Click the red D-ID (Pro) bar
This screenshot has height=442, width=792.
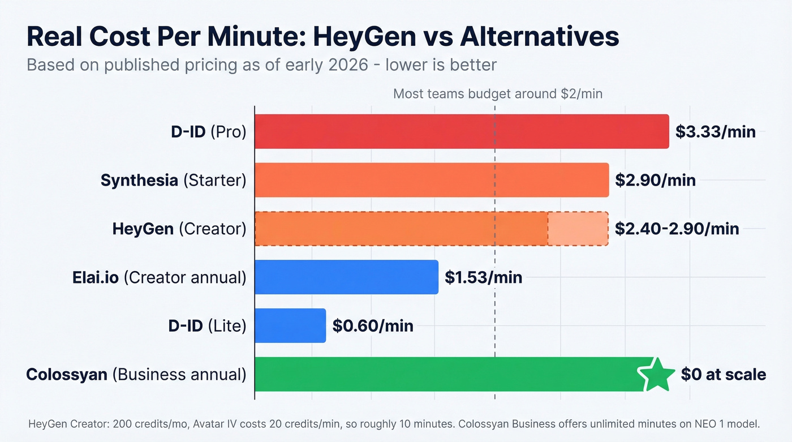pyautogui.click(x=461, y=131)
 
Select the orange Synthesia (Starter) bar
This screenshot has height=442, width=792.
pyautogui.click(x=431, y=180)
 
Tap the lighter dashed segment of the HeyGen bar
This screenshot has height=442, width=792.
pyautogui.click(x=578, y=229)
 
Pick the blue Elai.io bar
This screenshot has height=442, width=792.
pyautogui.click(x=346, y=277)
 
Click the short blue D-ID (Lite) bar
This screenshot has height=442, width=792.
pyautogui.click(x=290, y=325)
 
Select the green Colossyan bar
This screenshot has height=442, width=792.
pyautogui.click(x=447, y=374)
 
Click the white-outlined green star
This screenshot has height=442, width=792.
pyautogui.click(x=656, y=374)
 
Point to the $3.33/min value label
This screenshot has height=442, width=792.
pyautogui.click(x=716, y=132)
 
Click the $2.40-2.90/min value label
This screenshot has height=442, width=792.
pyautogui.click(x=677, y=229)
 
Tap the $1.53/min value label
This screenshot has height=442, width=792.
pyautogui.click(x=483, y=277)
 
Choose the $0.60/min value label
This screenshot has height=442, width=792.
pyautogui.click(x=373, y=326)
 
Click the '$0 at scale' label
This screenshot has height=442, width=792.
pyautogui.click(x=723, y=375)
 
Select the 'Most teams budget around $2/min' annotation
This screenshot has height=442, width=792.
pyautogui.click(x=497, y=94)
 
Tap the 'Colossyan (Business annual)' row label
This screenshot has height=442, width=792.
pyautogui.click(x=136, y=375)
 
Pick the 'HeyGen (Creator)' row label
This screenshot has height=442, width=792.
pyautogui.click(x=179, y=229)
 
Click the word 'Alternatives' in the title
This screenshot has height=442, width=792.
pyautogui.click(x=540, y=37)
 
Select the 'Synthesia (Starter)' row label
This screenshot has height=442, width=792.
pyautogui.click(x=174, y=180)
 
